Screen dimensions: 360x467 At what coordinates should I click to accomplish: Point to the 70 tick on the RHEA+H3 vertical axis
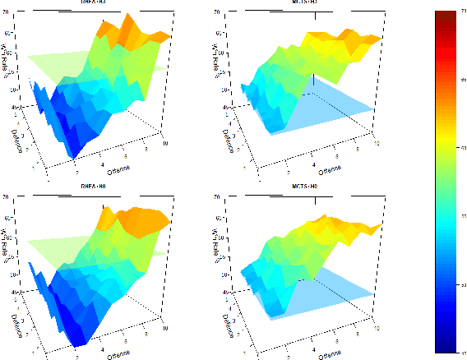tap(7, 12)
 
